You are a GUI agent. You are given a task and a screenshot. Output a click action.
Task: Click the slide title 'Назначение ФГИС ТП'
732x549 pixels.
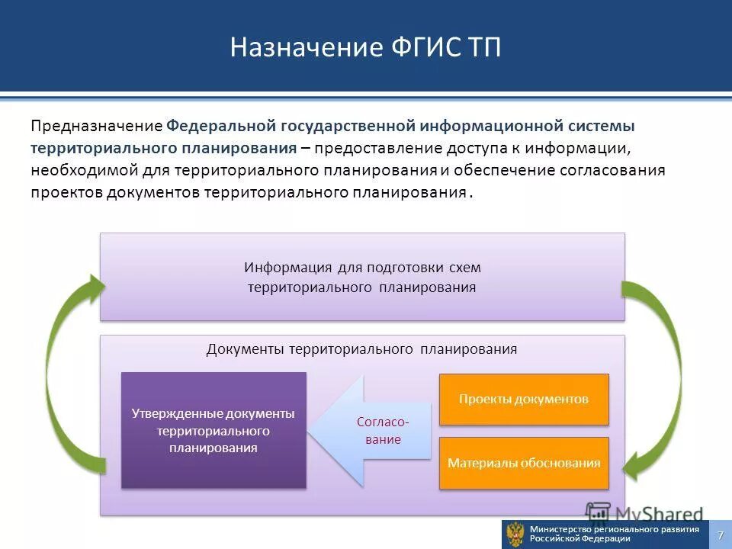(366, 47)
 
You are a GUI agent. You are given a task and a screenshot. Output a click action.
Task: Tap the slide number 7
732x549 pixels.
(720, 535)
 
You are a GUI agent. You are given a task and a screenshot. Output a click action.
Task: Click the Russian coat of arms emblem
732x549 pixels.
(515, 534)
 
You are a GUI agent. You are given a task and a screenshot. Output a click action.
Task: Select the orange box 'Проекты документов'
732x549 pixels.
(524, 399)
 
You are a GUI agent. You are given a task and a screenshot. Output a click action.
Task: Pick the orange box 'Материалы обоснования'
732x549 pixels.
(524, 463)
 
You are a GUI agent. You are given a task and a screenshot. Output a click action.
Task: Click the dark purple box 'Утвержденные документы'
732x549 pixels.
(213, 430)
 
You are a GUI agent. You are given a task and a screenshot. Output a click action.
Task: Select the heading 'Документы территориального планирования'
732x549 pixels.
(361, 349)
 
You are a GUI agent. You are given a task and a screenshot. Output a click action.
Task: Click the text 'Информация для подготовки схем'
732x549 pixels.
(362, 268)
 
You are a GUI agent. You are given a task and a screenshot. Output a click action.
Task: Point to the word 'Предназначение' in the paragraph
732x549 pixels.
(96, 125)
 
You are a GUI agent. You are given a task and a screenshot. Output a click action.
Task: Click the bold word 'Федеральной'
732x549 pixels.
(222, 125)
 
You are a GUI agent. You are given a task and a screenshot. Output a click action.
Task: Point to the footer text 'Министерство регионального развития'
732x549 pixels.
(614, 529)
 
